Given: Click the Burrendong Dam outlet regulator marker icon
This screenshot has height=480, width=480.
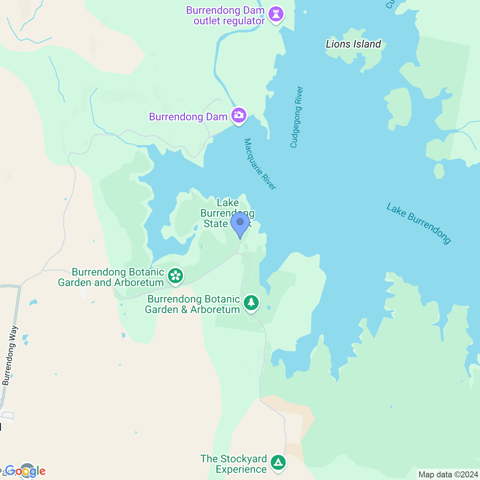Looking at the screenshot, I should (x=276, y=15).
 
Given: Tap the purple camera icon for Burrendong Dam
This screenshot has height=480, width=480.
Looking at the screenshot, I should (x=239, y=115).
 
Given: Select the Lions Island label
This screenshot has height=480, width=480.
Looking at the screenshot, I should (x=353, y=44).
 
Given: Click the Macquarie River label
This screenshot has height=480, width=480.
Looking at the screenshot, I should (x=260, y=164).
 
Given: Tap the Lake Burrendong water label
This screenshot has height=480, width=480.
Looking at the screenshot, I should (x=418, y=223).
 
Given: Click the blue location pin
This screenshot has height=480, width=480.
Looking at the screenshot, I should (x=240, y=223).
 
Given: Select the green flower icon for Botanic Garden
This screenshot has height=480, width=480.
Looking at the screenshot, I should (x=175, y=276).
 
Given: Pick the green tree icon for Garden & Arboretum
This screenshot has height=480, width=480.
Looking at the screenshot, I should (x=251, y=303).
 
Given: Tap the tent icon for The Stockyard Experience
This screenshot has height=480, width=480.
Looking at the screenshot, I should (x=278, y=463).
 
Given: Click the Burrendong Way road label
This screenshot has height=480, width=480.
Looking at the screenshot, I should (x=10, y=355).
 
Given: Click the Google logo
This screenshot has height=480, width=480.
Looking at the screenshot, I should (x=25, y=471).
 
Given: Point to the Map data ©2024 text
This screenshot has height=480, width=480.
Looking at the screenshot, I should (x=448, y=475).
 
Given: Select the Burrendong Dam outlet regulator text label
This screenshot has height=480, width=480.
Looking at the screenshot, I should (x=226, y=16).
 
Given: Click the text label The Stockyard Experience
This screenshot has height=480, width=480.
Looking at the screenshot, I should (x=234, y=464).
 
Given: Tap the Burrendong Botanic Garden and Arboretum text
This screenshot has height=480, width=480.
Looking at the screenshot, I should (x=111, y=277).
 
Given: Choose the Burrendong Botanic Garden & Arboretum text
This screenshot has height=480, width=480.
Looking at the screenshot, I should (x=193, y=304).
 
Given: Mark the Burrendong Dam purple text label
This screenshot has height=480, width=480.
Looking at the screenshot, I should (x=188, y=117).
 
